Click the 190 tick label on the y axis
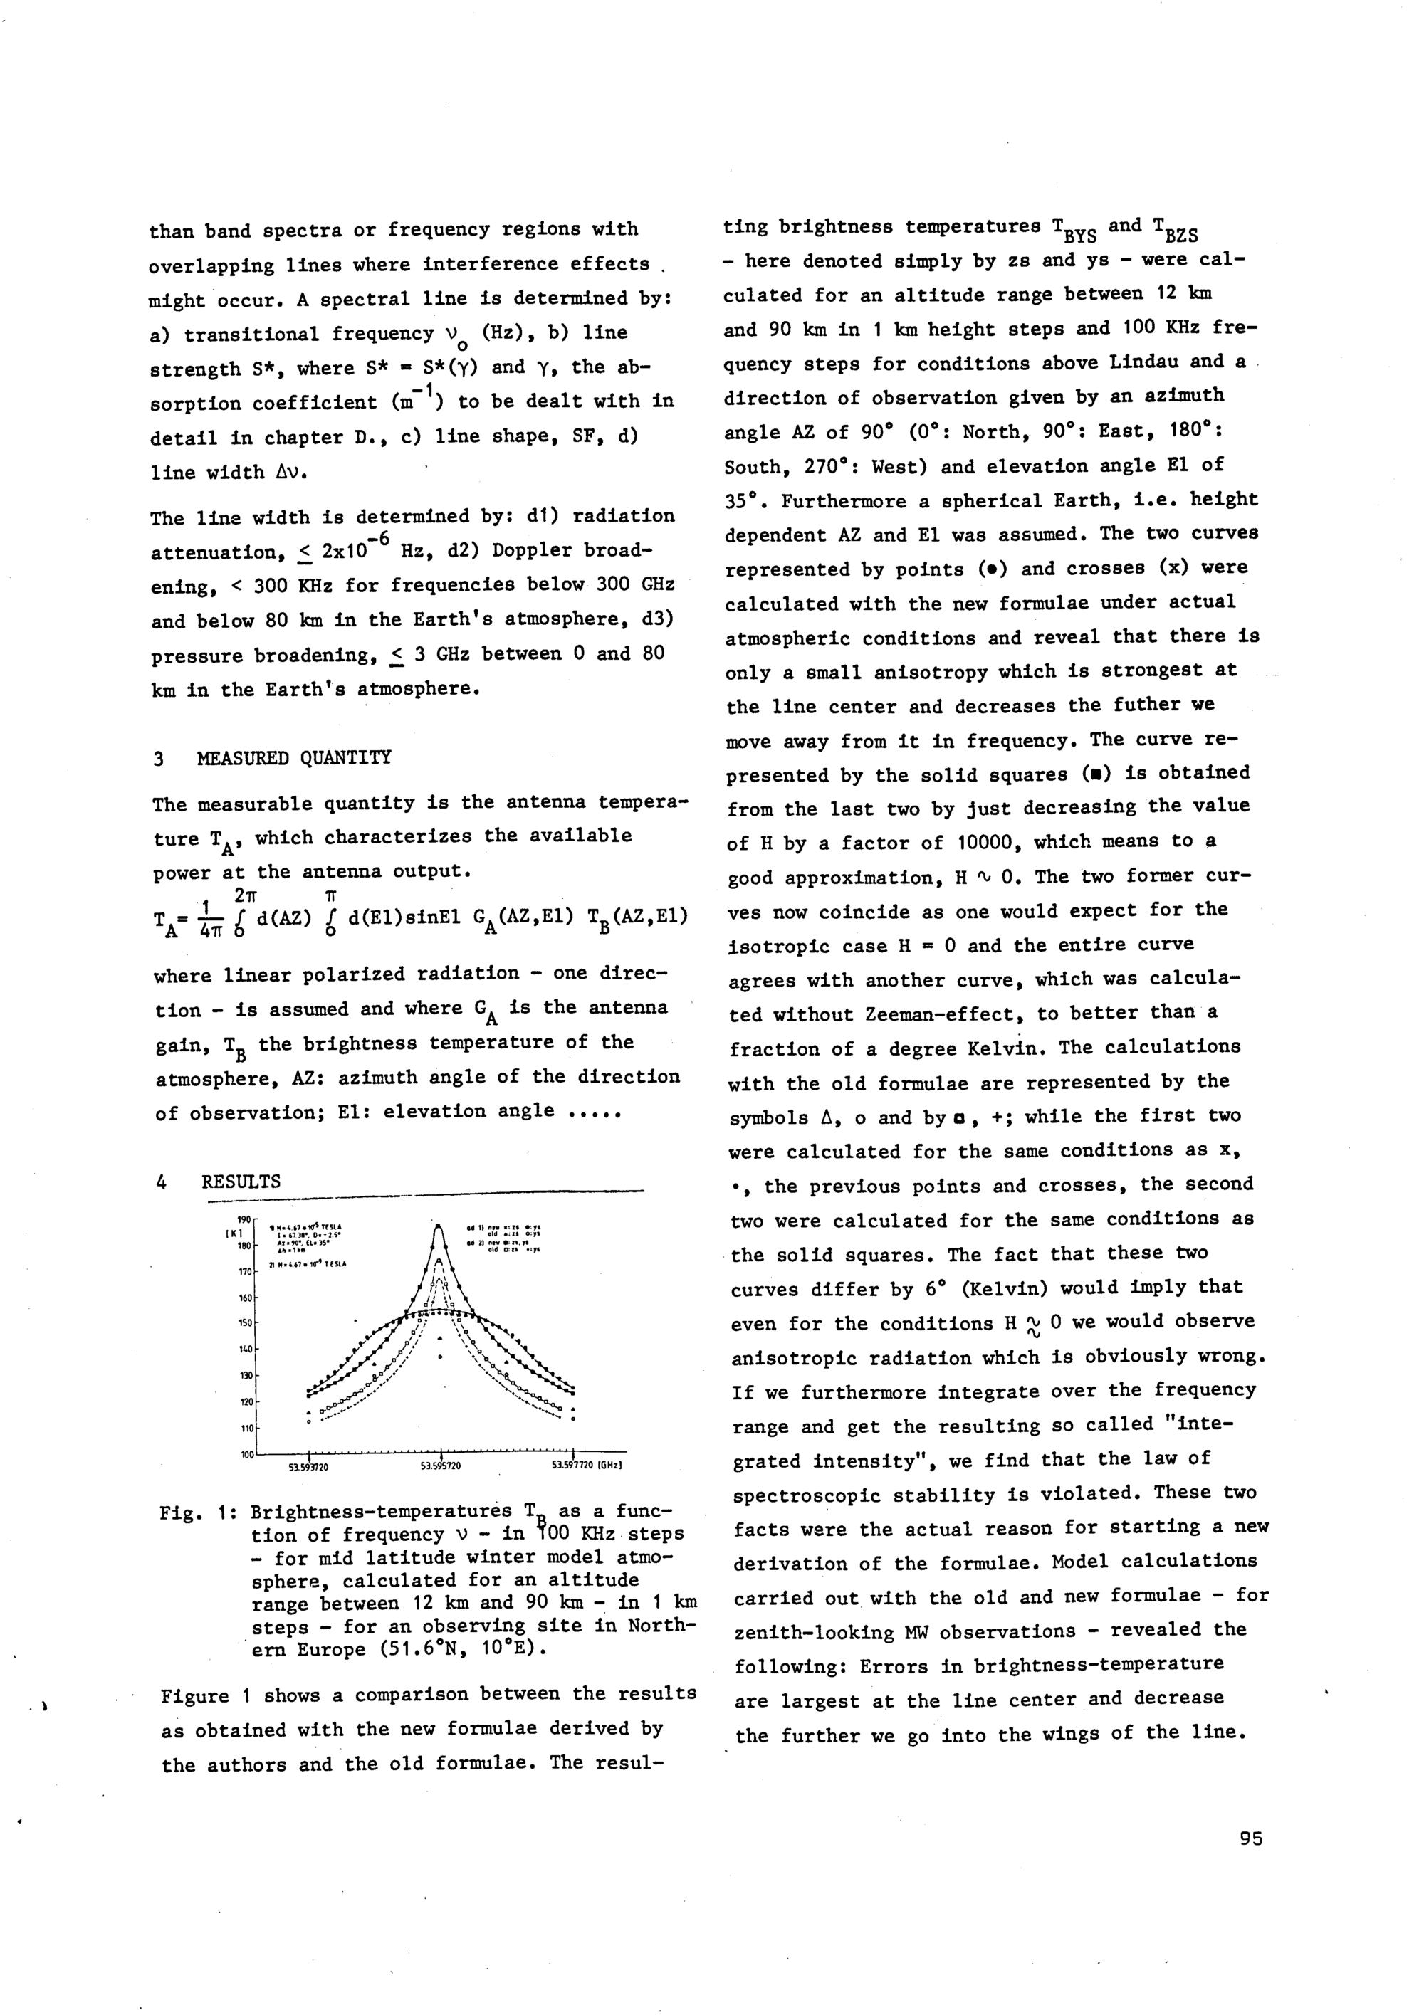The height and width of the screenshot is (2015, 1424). click(244, 1218)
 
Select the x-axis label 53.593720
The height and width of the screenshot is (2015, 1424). click(309, 1466)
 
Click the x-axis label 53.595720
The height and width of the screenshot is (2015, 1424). click(441, 1466)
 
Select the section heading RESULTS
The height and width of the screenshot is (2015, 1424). click(241, 1182)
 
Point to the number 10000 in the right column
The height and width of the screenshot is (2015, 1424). click(986, 841)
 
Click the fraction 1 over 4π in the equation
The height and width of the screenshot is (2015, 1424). click(203, 916)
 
